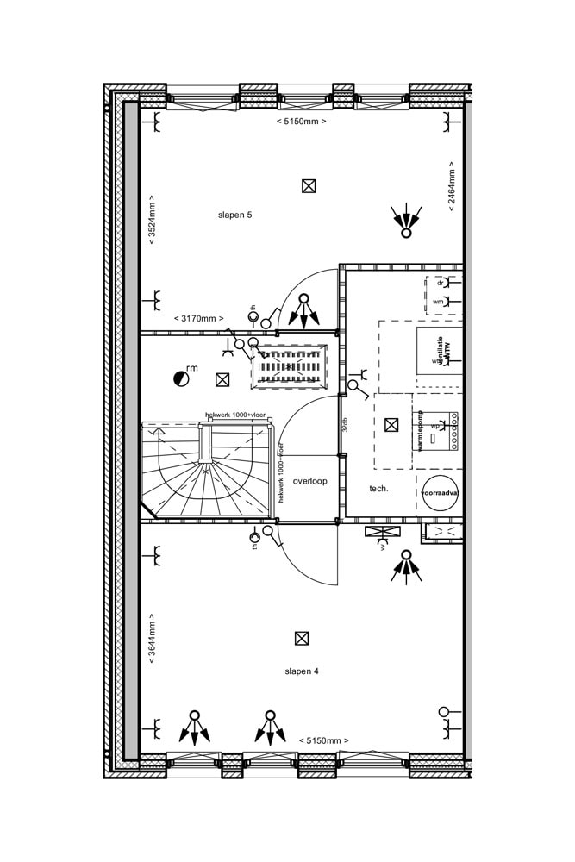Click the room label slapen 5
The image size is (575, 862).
[x=234, y=215]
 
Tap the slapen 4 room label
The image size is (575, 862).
[x=302, y=671]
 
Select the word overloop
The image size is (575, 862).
[x=309, y=481]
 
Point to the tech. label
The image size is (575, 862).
[x=378, y=488]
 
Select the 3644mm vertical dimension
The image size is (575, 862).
[x=152, y=639]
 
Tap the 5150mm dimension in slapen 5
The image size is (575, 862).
[x=301, y=122]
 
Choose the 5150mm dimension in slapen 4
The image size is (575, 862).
[x=324, y=740]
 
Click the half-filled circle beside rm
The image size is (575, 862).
[x=180, y=377]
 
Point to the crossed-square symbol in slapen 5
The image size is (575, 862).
[x=309, y=185]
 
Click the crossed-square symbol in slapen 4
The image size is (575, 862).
[x=302, y=639]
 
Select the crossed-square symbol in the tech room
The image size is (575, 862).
[x=392, y=424]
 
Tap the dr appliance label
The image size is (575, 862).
[x=440, y=283]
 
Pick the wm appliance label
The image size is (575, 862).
[x=439, y=302]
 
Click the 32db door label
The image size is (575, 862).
[x=345, y=424]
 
